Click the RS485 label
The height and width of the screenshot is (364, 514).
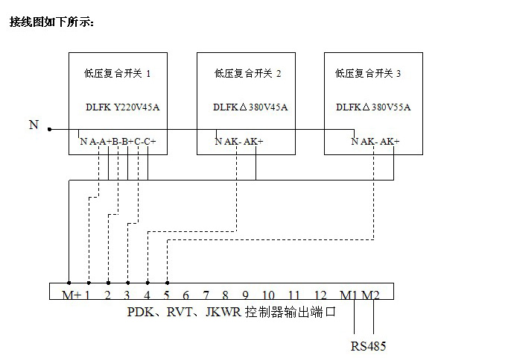tap(368, 346)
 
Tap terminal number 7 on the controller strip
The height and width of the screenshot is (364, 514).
tap(206, 295)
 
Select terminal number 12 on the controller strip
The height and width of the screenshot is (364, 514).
tap(320, 295)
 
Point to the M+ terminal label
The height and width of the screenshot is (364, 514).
tap(71, 295)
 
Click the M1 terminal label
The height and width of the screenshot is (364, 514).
tap(349, 295)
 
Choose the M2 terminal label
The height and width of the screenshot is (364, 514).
tap(370, 295)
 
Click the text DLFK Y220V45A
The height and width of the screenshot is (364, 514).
tap(123, 107)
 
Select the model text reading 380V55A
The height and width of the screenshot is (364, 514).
tap(391, 107)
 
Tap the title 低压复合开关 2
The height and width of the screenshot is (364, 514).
tap(247, 73)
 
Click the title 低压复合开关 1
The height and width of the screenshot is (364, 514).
tap(117, 73)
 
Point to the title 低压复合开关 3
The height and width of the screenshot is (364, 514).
tap(367, 73)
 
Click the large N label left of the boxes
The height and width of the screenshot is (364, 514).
tap(34, 125)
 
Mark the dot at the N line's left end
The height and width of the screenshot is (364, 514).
tap(49, 129)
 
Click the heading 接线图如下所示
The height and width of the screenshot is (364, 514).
tap(51, 22)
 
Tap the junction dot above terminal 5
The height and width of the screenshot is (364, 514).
tap(168, 283)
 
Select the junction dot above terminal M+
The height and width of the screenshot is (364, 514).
tap(69, 283)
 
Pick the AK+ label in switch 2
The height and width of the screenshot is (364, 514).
tap(253, 142)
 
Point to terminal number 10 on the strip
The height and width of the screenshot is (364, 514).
tap(268, 295)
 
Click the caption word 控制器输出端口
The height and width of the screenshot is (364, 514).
tap(290, 312)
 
